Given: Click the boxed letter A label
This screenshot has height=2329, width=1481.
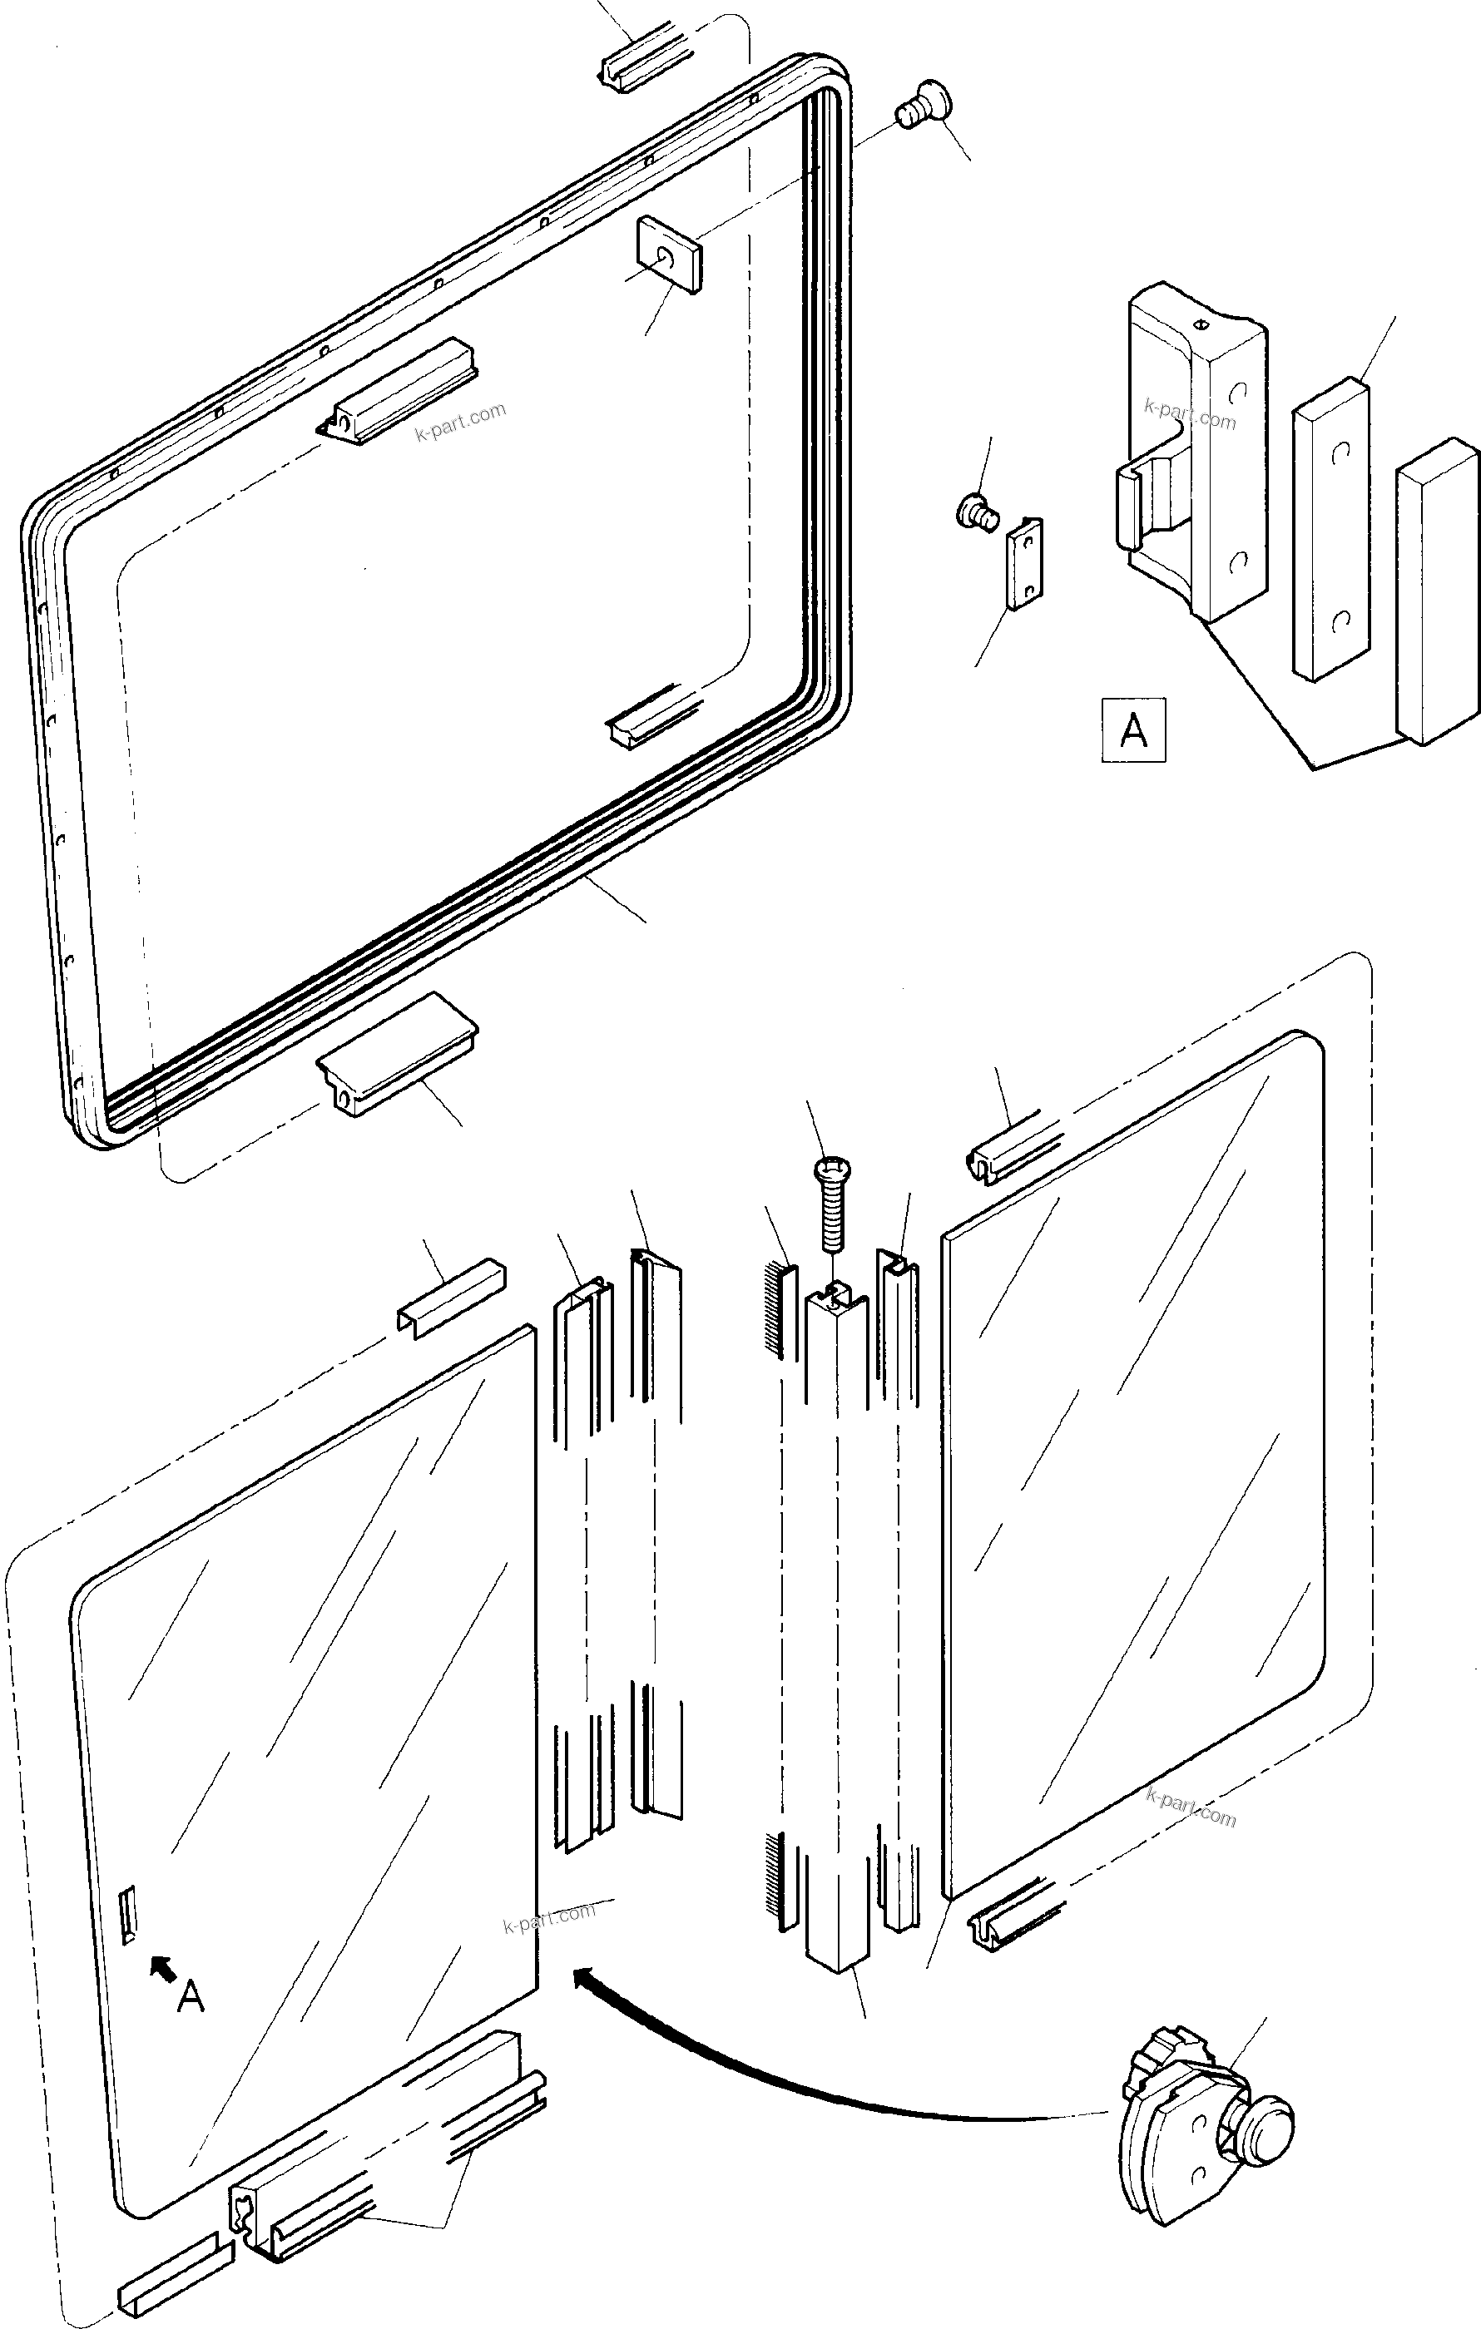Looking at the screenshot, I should pyautogui.click(x=1132, y=730).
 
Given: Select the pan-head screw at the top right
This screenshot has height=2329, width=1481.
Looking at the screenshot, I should pyautogui.click(x=920, y=106).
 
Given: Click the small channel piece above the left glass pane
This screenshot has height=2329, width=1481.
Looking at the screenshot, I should pyautogui.click(x=451, y=1297).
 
